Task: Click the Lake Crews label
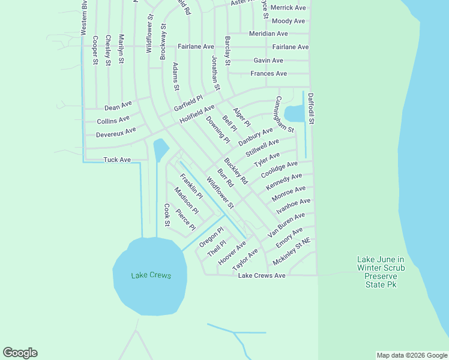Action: tap(151, 276)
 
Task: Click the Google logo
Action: tap(20, 353)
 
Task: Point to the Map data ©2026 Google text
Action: tap(411, 355)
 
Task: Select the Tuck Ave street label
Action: tap(116, 160)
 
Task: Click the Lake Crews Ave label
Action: tap(262, 275)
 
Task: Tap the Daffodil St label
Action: tap(311, 108)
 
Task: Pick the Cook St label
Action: tap(167, 215)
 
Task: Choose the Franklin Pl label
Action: tap(191, 187)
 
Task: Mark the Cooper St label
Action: tap(95, 50)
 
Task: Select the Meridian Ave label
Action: tap(268, 34)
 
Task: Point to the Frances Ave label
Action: tap(268, 74)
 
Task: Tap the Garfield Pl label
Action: tap(188, 102)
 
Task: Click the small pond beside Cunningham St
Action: tap(294, 113)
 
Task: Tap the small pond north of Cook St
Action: tap(160, 149)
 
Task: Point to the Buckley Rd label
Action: tap(235, 171)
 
